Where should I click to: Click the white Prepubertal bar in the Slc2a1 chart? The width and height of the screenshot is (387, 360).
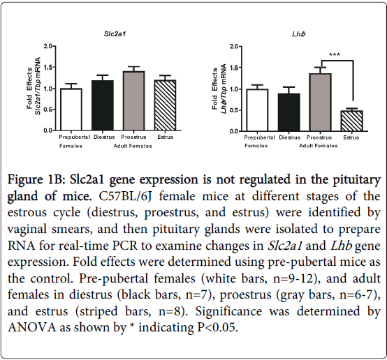click(x=71, y=110)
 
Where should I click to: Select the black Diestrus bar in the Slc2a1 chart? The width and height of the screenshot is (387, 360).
click(x=103, y=105)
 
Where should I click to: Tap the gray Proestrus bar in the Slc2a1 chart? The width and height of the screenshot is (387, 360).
click(x=133, y=100)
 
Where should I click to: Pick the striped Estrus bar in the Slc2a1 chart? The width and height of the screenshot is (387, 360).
click(x=165, y=105)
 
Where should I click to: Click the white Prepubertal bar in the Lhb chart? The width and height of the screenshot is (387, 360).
click(x=257, y=110)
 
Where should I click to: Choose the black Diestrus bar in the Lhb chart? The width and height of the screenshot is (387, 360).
click(x=289, y=112)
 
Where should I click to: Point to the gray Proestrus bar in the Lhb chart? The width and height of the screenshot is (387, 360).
click(x=321, y=102)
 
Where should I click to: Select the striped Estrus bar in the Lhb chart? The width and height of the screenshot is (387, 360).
click(x=351, y=121)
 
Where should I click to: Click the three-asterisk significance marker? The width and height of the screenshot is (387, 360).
click(x=335, y=54)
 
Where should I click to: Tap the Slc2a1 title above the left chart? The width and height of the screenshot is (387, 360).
click(x=115, y=33)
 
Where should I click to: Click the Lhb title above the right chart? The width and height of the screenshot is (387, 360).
click(x=299, y=33)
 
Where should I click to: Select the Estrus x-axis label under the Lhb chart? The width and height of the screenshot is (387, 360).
click(x=351, y=137)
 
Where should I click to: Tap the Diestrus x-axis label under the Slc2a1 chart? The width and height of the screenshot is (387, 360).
click(x=104, y=137)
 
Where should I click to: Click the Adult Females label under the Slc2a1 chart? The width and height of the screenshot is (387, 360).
click(x=133, y=146)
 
